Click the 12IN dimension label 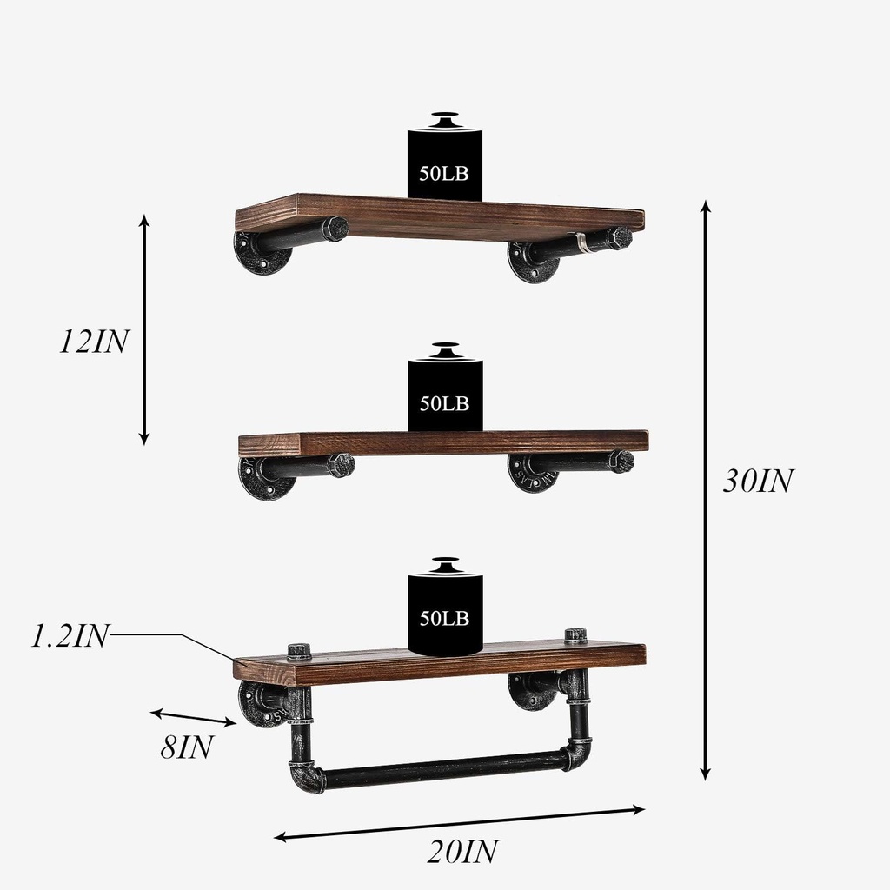click(93, 342)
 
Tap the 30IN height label click(757, 482)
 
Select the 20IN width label click(462, 851)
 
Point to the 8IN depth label click(186, 747)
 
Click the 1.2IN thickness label click(70, 636)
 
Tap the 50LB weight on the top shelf click(444, 163)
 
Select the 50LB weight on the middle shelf click(445, 395)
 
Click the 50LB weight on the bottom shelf click(445, 610)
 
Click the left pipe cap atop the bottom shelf click(299, 652)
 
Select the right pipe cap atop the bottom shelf click(575, 636)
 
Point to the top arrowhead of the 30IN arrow click(706, 206)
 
